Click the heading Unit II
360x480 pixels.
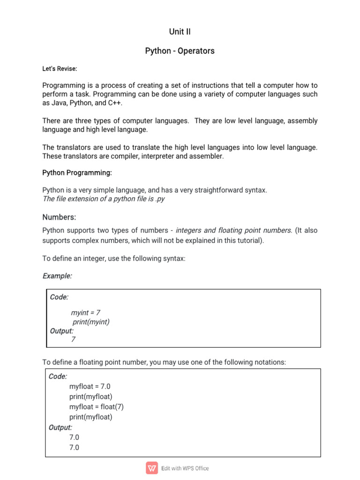(180, 32)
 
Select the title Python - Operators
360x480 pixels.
(180, 51)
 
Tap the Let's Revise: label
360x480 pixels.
(60, 69)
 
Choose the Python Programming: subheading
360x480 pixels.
(77, 173)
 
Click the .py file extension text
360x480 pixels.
(159, 199)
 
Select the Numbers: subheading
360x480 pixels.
(59, 217)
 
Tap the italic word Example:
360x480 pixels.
(57, 276)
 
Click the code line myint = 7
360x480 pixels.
(86, 312)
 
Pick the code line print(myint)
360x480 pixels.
(91, 322)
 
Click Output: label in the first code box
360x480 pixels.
(61, 330)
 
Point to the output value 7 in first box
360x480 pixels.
(73, 339)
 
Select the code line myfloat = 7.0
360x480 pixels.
(90, 386)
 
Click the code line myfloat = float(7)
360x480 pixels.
(97, 406)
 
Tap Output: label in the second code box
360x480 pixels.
(60, 427)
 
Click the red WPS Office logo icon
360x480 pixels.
(152, 468)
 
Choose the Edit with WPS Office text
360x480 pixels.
(185, 468)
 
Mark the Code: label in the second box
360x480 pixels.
(58, 376)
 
